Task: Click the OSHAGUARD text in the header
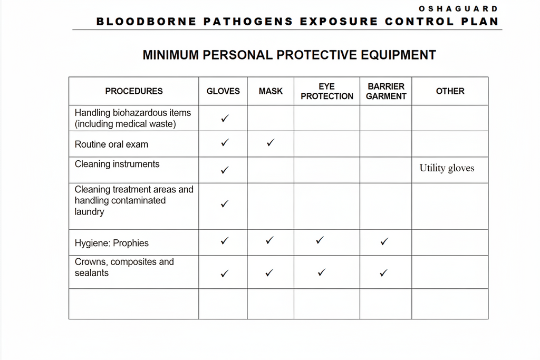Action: point(458,8)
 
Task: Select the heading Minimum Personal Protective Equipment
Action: point(289,55)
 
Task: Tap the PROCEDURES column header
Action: point(134,91)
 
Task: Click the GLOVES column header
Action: point(223,91)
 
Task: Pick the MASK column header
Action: point(271,91)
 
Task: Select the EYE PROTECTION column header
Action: point(327,91)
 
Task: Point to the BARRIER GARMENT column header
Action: point(386,91)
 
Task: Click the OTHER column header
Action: point(450,91)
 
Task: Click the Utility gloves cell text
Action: point(447,168)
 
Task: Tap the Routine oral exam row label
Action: point(111,144)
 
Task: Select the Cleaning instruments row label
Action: point(117,164)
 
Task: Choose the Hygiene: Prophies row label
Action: point(112,243)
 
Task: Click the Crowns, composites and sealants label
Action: point(124,267)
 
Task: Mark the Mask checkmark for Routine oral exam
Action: point(270,142)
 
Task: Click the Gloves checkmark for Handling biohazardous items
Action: point(225,119)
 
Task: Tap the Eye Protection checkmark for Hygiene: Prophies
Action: point(319,240)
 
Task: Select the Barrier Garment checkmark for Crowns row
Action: point(384,273)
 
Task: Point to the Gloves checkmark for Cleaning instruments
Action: point(225,170)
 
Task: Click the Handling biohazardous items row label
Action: point(133,118)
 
